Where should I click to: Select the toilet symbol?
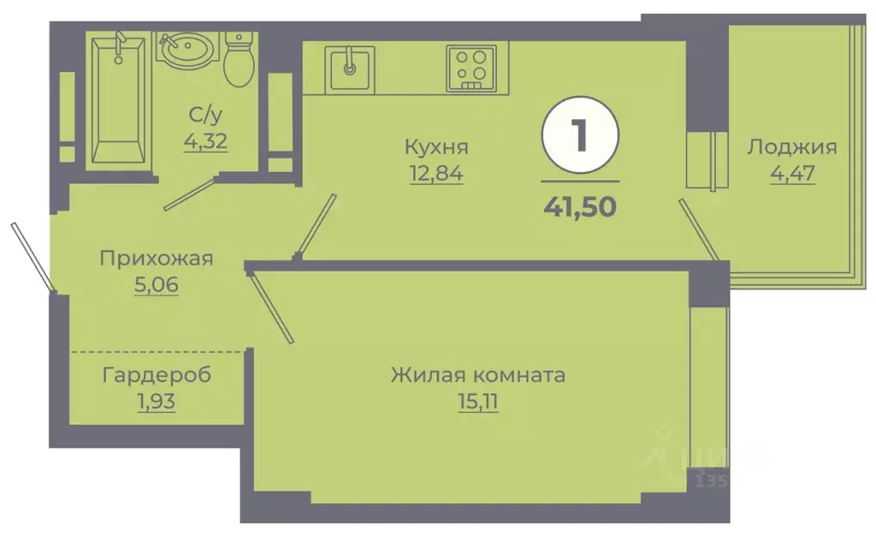click(237, 59)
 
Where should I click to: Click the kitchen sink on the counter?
click(349, 69)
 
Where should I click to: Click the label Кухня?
click(436, 146)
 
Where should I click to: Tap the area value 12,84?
click(436, 173)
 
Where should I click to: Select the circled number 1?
click(580, 136)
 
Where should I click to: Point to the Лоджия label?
click(791, 146)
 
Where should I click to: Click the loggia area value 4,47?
click(791, 173)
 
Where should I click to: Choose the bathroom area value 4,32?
click(206, 140)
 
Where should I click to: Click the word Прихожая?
click(156, 258)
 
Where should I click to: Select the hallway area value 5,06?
click(156, 285)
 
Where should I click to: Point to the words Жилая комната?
click(478, 374)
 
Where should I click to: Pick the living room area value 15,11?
click(478, 401)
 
